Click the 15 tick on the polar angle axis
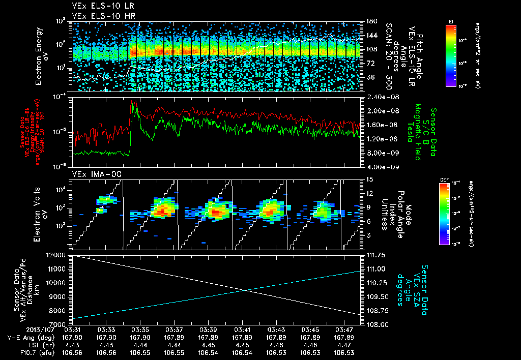point(368,179)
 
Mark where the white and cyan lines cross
point(246,290)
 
